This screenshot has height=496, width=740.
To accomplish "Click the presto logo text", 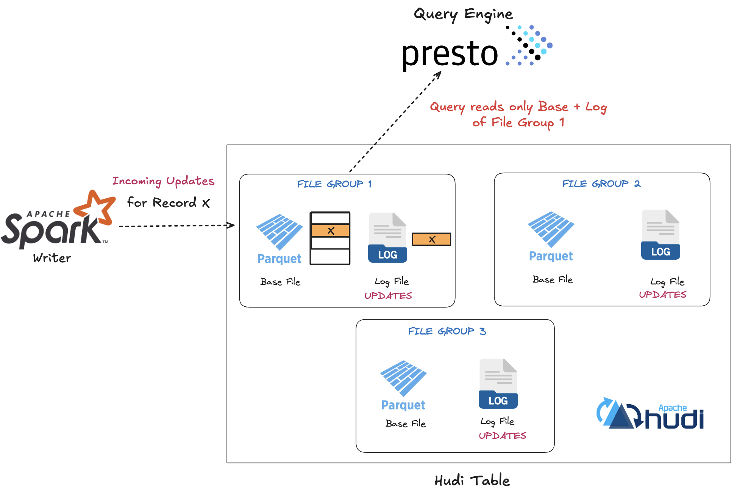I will coord(450,54).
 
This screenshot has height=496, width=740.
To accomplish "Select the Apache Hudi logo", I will coord(650,414).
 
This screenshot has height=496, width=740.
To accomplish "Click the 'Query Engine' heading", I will coord(463,14).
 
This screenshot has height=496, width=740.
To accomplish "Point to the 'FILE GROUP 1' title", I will coord(334,184).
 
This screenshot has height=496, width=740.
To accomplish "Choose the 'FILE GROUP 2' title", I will coord(601,184).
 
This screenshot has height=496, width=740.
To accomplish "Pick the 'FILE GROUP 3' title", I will coord(447,331).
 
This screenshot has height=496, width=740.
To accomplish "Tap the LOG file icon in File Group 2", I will coord(660,235).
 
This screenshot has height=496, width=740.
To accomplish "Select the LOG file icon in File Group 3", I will coord(498,384).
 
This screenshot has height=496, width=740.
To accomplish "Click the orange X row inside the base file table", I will coord(330,231).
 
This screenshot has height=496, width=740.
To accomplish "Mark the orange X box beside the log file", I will coord(431,239).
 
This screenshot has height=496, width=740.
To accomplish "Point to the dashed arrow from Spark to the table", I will coord(176,226).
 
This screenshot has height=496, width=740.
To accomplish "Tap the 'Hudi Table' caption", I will coord(472,480).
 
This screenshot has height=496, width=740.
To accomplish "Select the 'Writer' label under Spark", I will coord(52,258).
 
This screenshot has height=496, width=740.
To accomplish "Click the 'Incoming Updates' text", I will coord(163,181).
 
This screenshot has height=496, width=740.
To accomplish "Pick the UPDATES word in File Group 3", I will coord(502,436).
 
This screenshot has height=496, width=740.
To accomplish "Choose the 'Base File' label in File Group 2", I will coord(552,280).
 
